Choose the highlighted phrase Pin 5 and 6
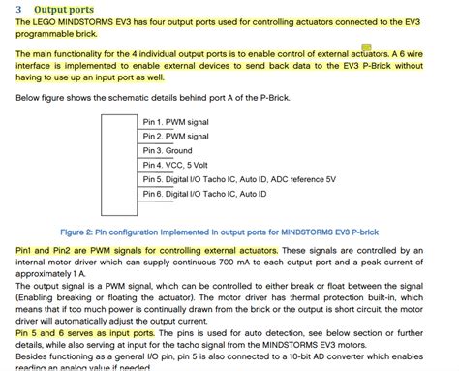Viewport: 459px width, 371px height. click(35, 331)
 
